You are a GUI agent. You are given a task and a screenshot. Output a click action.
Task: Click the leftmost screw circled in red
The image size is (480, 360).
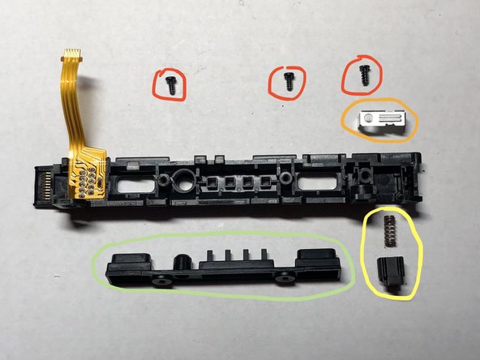tap(172, 84)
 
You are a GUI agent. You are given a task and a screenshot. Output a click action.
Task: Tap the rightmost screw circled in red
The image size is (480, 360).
tap(364, 74)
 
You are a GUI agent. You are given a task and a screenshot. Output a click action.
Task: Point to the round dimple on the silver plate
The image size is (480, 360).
tap(370, 119)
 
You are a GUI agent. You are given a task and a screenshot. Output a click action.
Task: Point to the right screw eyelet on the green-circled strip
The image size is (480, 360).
tap(285, 279)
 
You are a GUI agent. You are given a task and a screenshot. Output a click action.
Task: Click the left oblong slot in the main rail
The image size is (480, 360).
tap(132, 186)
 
